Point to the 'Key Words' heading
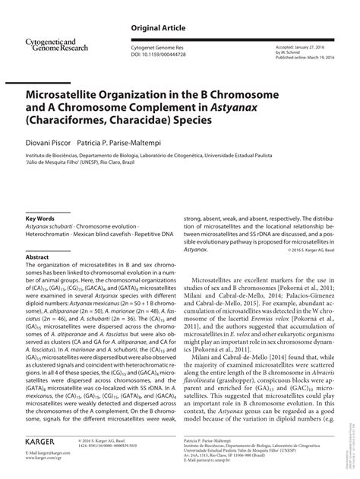[x=40, y=218]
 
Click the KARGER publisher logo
[x=41, y=440]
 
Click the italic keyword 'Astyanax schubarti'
[x=52, y=227]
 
